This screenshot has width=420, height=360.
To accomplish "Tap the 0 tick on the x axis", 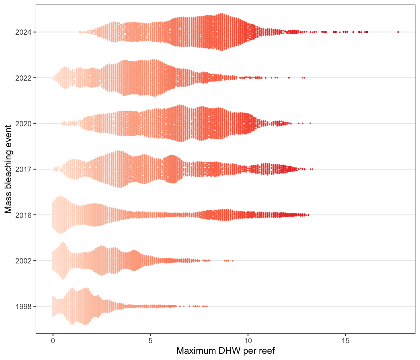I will point(53,340).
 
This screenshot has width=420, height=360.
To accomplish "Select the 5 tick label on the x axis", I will point(150,340).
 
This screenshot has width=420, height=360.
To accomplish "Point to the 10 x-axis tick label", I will point(248,340).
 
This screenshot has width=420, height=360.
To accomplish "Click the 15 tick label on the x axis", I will point(345,340).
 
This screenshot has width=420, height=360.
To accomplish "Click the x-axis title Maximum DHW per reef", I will point(225,351).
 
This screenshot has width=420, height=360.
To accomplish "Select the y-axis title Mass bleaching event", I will point(8,169).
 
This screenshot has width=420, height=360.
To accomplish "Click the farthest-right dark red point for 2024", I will point(398,32).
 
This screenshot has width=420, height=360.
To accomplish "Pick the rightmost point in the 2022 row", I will point(304,77).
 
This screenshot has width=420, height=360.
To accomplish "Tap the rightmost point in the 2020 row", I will point(310,123).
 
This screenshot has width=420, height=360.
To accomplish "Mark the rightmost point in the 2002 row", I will point(232,260).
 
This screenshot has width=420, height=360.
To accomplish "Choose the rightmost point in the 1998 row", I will point(207,306).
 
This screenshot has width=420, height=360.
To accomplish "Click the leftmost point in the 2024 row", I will point(80,32).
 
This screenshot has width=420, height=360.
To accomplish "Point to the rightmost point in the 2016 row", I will point(308,215).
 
